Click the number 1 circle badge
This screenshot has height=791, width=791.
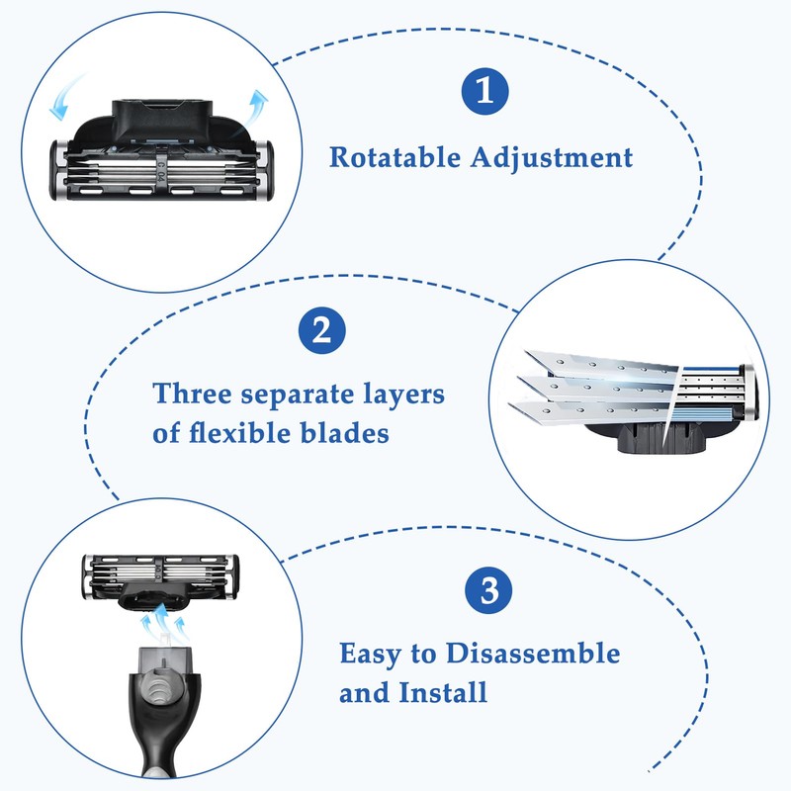tap(483, 91)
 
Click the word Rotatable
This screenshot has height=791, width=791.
tap(392, 158)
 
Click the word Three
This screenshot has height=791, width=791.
tap(195, 394)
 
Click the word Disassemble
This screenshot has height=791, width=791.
tap(533, 654)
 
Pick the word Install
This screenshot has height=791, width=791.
tap(443, 693)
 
